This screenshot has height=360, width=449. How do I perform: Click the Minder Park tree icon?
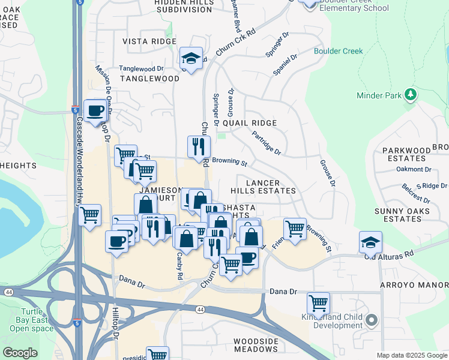(411, 94)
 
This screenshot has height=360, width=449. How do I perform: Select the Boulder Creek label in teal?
(338, 51)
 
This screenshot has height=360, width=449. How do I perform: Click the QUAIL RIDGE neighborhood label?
(249, 122)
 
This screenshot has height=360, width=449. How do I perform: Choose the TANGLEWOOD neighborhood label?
(149, 79)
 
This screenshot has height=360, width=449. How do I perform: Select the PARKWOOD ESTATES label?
(406, 154)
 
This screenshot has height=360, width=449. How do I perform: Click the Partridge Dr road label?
(266, 143)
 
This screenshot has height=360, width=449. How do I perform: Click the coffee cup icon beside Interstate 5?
(95, 110)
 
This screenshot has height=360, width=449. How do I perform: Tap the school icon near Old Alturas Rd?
(370, 242)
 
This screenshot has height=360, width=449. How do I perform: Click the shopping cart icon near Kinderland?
(318, 302)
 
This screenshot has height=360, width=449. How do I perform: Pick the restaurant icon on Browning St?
(199, 146)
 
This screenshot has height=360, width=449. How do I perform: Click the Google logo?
(20, 353)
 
